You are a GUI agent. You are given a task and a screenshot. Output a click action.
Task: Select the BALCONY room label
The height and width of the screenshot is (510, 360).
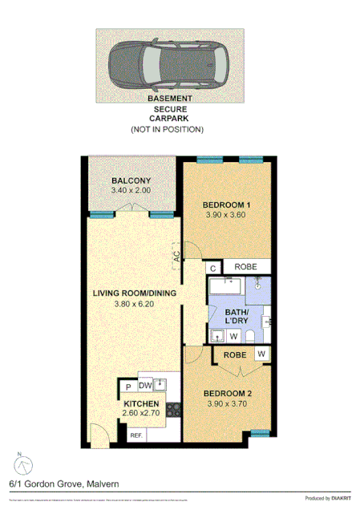[131, 180]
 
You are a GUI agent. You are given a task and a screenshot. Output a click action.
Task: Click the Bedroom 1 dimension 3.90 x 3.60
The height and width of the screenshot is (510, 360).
[224, 215]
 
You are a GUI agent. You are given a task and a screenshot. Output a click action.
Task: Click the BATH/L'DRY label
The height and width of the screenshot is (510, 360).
[236, 316]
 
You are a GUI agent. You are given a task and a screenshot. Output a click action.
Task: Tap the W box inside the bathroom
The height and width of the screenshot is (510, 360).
[233, 336]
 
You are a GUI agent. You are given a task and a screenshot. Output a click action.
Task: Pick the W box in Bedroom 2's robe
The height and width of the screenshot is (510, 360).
[261, 354]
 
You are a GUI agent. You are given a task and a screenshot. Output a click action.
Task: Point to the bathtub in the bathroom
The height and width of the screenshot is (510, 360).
[229, 287]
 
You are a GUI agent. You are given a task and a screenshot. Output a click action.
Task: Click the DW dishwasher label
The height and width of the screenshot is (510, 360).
[147, 386]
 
